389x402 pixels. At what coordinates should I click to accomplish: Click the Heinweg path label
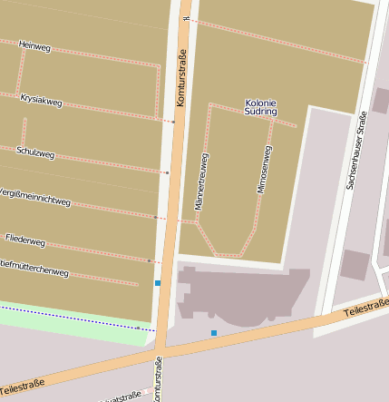tap(34, 44)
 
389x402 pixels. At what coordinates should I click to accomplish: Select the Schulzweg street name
tap(35, 154)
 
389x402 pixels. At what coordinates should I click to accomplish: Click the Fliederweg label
tap(24, 241)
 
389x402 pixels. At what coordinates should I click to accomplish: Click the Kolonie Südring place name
tap(260, 109)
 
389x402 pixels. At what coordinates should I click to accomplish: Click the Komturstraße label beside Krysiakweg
tap(180, 83)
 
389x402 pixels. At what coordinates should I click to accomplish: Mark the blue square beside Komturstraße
tap(157, 284)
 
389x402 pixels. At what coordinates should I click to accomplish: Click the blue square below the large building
tap(214, 333)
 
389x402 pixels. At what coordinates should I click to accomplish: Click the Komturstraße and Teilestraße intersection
tap(160, 348)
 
